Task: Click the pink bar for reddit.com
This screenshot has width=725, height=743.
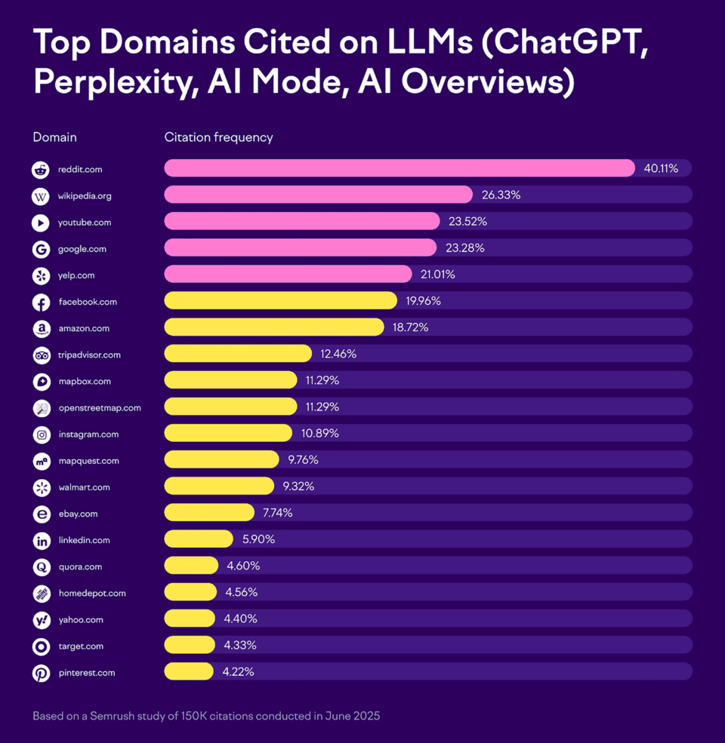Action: click(399, 168)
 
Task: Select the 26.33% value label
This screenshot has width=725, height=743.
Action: click(501, 195)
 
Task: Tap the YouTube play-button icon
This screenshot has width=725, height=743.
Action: click(41, 223)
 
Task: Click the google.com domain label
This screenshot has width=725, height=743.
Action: click(82, 249)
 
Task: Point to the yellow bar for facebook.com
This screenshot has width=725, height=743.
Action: click(280, 301)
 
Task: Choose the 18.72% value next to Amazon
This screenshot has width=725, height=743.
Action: click(412, 327)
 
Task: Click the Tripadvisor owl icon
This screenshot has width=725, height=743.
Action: click(41, 355)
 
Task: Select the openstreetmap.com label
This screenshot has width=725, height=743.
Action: click(99, 408)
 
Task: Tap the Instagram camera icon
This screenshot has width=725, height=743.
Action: click(41, 434)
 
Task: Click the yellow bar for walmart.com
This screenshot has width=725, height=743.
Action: click(219, 487)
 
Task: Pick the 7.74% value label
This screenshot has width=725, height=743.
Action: click(277, 513)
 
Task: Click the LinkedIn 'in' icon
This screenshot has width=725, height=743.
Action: click(41, 540)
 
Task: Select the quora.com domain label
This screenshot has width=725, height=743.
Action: click(80, 566)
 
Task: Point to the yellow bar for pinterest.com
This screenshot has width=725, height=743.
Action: click(189, 671)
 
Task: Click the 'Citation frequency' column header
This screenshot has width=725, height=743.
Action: click(218, 137)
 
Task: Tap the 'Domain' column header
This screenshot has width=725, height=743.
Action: click(54, 137)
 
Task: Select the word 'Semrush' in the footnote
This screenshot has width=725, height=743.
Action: click(111, 715)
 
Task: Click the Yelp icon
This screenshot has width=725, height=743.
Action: click(41, 275)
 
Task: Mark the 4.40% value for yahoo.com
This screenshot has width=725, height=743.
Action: click(241, 619)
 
